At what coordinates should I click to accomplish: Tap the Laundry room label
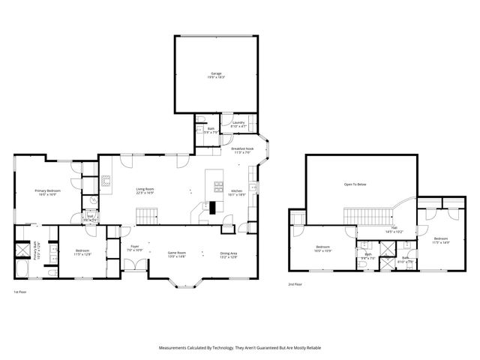coord(238,124)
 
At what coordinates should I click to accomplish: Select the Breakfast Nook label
coord(242,151)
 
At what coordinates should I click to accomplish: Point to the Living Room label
coord(145,190)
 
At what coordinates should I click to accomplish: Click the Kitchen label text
coord(236,191)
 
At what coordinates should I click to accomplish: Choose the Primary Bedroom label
coord(47,192)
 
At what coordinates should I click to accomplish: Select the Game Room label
coord(177,255)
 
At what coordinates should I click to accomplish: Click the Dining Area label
coord(229,255)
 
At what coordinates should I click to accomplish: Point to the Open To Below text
coord(355,184)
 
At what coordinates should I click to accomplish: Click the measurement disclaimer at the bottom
coord(240,348)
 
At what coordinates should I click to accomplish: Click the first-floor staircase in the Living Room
coord(148,216)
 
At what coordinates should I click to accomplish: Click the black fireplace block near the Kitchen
coord(213,208)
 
